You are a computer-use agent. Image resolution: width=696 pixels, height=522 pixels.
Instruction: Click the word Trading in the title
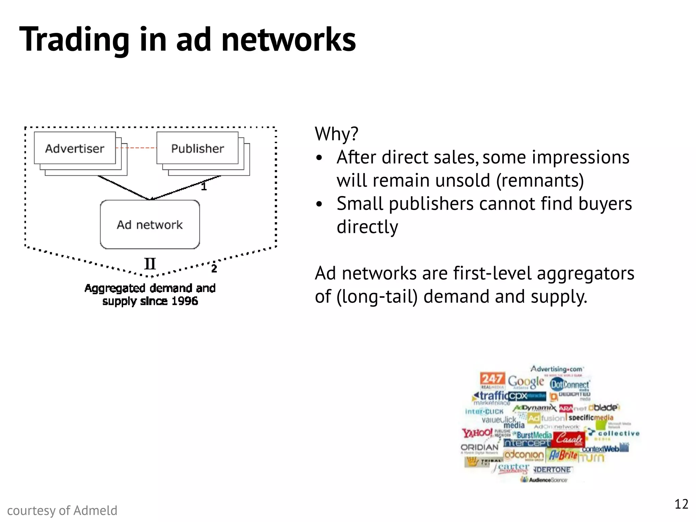click(x=74, y=40)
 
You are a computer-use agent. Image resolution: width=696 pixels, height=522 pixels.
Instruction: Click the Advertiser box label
click(x=75, y=149)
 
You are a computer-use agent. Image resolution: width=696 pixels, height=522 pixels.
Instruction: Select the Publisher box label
click(x=197, y=149)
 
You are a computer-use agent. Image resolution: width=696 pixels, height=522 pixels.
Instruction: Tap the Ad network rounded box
click(x=150, y=225)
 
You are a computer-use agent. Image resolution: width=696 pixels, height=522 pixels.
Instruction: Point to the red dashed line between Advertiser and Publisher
click(x=136, y=148)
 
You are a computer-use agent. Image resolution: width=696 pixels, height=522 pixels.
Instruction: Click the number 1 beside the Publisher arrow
click(x=204, y=187)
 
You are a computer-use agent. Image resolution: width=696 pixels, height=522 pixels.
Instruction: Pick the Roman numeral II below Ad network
click(x=150, y=264)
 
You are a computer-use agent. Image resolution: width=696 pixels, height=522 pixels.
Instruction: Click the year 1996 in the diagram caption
click(x=185, y=301)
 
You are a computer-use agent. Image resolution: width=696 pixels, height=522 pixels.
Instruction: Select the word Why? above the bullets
click(x=336, y=134)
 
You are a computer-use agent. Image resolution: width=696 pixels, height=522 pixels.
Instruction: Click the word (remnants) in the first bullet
click(x=540, y=180)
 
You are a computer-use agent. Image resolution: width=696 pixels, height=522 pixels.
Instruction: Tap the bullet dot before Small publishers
click(x=319, y=204)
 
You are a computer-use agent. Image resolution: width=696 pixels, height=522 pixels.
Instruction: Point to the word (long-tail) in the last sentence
click(x=377, y=296)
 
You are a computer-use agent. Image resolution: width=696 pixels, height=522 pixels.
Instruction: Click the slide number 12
click(x=681, y=504)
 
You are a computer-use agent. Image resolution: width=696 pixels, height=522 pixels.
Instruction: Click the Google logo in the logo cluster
click(x=526, y=382)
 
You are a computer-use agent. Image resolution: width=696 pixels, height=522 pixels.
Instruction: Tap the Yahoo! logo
click(x=477, y=433)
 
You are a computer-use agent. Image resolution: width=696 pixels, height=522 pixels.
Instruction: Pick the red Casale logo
click(x=569, y=439)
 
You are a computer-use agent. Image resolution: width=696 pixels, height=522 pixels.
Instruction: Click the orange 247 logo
click(x=492, y=379)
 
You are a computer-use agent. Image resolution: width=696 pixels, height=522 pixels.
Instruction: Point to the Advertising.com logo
click(x=557, y=369)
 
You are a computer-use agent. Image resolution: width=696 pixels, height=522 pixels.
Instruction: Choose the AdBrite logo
click(x=563, y=455)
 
